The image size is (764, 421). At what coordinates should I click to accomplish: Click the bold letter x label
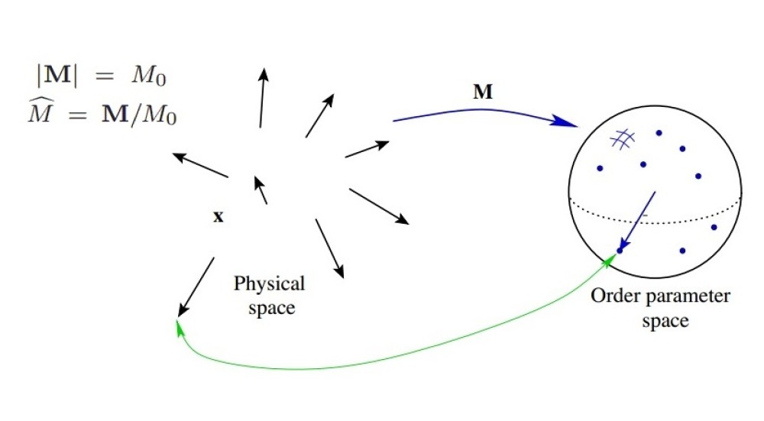(218, 217)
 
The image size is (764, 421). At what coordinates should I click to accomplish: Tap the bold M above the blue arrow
(482, 94)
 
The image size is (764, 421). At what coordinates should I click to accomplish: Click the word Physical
(269, 284)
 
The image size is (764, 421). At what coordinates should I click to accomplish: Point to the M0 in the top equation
(167, 77)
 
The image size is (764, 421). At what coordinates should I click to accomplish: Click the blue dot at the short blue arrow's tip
(620, 250)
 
